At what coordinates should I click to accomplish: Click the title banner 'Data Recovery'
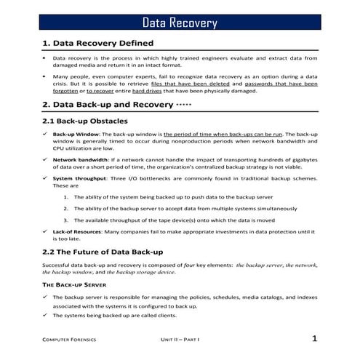[x=180, y=23]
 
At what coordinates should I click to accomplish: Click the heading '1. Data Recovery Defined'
[x=96, y=43]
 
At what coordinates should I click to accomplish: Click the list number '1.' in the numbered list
[x=66, y=196]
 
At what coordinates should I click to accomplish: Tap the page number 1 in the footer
[x=314, y=338]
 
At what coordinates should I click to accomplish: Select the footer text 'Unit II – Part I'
[x=180, y=340]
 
